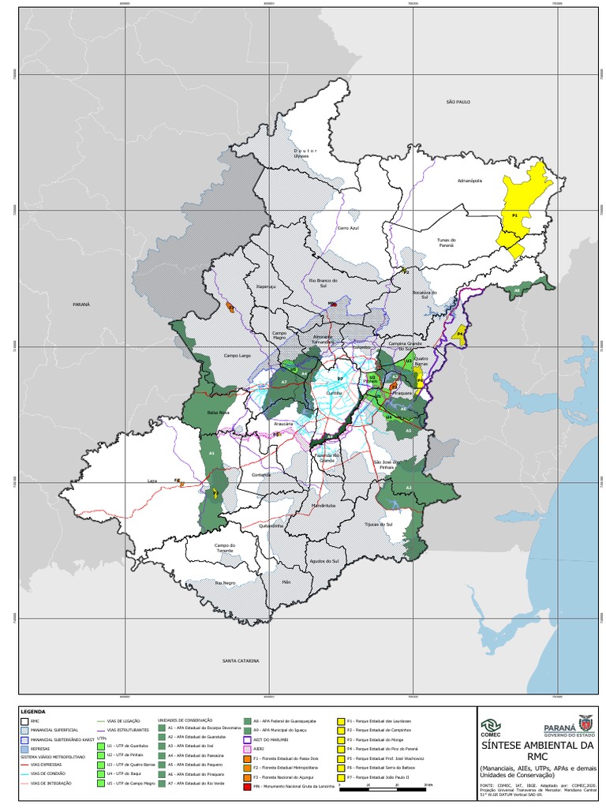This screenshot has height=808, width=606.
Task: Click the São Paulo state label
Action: (x=458, y=102)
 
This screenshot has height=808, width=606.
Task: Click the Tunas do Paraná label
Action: (x=446, y=241)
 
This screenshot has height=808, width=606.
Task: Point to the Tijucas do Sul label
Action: (x=379, y=523)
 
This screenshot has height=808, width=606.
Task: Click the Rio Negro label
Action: (x=225, y=582)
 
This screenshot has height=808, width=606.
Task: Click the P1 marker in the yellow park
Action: (x=514, y=215)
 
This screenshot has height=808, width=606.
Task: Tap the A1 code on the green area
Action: (x=212, y=454)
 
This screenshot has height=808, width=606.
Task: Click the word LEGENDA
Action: (x=33, y=711)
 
